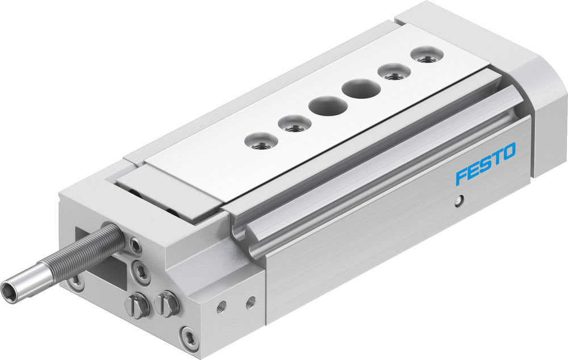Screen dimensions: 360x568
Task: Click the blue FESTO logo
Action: click(x=485, y=164)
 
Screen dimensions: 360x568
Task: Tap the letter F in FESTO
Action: click(x=461, y=175)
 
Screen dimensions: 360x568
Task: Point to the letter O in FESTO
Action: click(x=508, y=152)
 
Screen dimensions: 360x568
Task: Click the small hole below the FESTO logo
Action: click(x=461, y=199)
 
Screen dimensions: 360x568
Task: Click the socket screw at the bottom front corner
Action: click(x=189, y=338)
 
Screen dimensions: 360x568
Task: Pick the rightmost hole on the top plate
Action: click(x=428, y=57)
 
